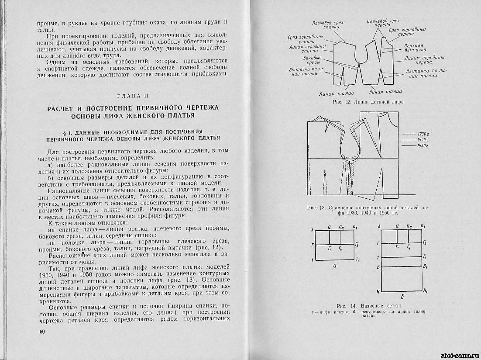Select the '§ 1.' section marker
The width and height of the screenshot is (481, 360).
coord(69,131)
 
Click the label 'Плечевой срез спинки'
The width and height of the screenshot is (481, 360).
coord(330,25)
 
